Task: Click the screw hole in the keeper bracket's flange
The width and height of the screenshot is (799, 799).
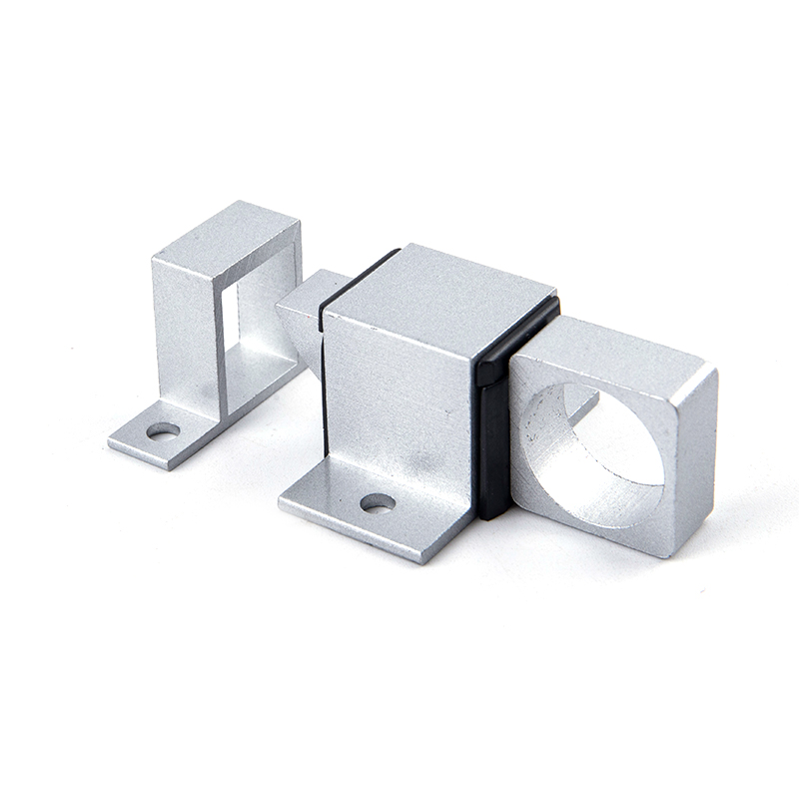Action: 163,430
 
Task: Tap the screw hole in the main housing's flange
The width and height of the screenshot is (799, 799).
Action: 377,502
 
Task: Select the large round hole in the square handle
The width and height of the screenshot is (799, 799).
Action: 589,449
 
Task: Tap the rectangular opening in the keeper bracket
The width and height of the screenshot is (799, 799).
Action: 229,330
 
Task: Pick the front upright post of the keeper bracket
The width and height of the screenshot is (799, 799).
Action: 185,330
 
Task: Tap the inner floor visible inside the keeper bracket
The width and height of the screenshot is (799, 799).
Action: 255,370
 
